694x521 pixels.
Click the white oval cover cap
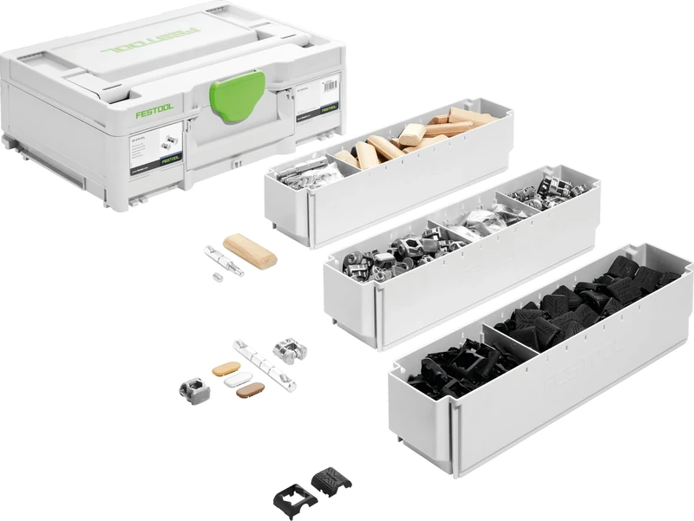click(237, 379)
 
